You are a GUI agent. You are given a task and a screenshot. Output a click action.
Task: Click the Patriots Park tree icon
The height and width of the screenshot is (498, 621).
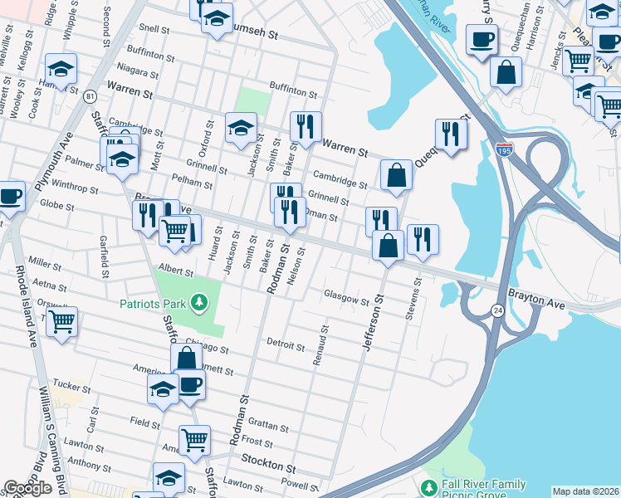tap(199, 304)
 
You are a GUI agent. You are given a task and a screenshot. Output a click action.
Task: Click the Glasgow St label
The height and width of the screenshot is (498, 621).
tap(345, 300)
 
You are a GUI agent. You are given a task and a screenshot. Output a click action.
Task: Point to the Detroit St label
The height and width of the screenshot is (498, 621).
tap(286, 343)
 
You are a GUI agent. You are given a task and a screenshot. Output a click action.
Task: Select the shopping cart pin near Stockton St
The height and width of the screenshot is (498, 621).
tap(194, 439)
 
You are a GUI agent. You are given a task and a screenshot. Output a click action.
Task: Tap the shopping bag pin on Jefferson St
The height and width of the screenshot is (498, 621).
tap(388, 245)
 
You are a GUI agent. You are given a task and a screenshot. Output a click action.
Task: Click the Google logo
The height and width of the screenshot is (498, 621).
tap(27, 488)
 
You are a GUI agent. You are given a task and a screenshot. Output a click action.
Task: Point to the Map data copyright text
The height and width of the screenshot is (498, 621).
tap(585, 491)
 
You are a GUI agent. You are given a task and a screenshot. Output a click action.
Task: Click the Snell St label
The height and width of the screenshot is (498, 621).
tap(154, 27)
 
